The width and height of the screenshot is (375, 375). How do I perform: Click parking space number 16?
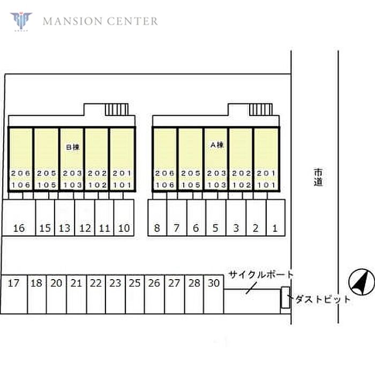pyautogui.click(x=19, y=228)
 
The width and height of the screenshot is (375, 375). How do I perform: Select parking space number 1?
pyautogui.click(x=275, y=228)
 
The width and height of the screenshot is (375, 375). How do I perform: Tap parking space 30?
pyautogui.click(x=213, y=283)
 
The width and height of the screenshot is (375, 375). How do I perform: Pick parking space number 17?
pyautogui.click(x=14, y=283)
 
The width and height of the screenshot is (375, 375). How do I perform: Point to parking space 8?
pyautogui.click(x=157, y=228)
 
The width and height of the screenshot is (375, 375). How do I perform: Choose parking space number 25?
pyautogui.click(x=134, y=283)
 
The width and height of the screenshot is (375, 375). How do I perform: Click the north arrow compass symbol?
pyautogui.click(x=359, y=282)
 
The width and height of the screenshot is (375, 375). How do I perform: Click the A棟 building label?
pyautogui.click(x=216, y=145)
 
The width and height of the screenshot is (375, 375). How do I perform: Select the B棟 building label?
pyautogui.click(x=72, y=146)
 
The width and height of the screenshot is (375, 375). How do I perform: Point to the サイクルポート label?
pyautogui.click(x=261, y=275)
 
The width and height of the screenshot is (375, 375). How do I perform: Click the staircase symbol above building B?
pyautogui.click(x=116, y=109)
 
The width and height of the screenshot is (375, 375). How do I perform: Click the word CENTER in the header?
pyautogui.click(x=132, y=21)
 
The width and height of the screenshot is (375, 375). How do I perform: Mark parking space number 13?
pyautogui.click(x=65, y=228)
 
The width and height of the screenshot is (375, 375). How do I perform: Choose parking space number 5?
pyautogui.click(x=215, y=228)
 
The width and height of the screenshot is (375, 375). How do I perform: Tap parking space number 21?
pyautogui.click(x=76, y=283)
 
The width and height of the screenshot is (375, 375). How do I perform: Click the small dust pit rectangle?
pyautogui.click(x=284, y=298)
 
